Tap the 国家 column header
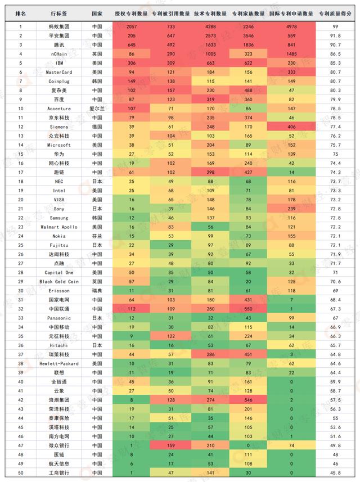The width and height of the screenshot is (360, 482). click(97, 12)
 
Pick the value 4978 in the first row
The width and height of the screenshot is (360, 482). click(291, 26)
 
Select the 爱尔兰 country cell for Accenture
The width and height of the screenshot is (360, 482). click(97, 108)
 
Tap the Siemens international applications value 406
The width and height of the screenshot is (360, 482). click(291, 127)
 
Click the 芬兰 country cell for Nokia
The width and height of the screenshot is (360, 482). click(97, 236)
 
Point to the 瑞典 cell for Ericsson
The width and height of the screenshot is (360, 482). click(97, 290)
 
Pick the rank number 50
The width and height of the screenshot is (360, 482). click(21, 472)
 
